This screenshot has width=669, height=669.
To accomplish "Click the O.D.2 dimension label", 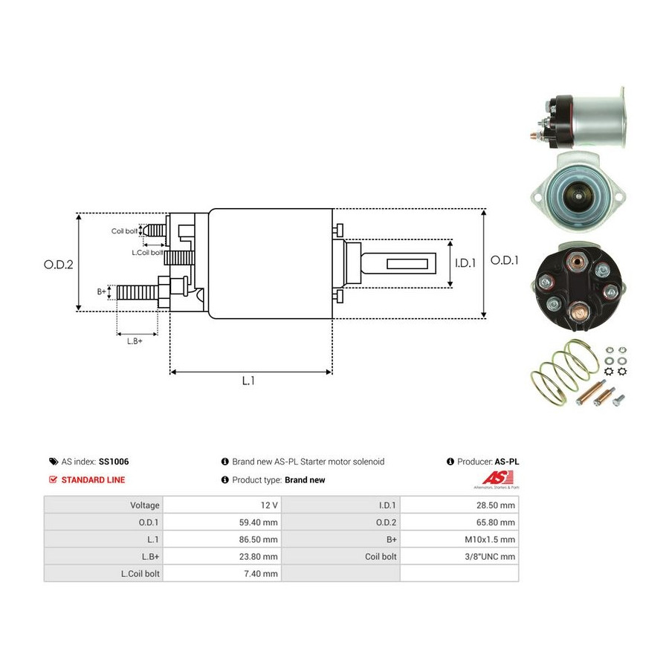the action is click(59, 265).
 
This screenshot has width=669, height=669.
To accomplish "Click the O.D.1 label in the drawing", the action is click(504, 260).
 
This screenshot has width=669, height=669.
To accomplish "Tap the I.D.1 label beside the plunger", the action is click(465, 263).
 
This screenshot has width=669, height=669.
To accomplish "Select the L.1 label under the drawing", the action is click(248, 381).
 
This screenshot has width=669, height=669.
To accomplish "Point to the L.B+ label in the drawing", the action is click(135, 341).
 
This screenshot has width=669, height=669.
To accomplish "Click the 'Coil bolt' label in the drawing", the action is click(124, 231).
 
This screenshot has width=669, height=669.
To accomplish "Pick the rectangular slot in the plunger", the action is click(407, 263).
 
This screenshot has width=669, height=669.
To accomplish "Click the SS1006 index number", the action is click(114, 462).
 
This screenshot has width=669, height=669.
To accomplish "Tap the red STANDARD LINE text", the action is click(93, 480).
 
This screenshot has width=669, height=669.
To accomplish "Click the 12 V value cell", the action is click(269, 505).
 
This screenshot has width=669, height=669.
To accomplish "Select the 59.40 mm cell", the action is click(258, 523).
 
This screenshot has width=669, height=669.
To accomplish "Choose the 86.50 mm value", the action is click(258, 540).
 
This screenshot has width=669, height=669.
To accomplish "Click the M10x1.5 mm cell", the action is click(490, 540).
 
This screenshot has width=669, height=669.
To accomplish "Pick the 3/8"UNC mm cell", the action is click(490, 556).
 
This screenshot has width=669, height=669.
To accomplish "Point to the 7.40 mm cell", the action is click(261, 573).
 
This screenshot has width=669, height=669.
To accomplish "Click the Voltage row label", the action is click(145, 505).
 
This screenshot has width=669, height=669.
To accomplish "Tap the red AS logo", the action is click(497, 477).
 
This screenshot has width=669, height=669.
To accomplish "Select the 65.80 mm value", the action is click(495, 523).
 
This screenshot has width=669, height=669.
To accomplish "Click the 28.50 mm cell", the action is click(495, 505).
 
